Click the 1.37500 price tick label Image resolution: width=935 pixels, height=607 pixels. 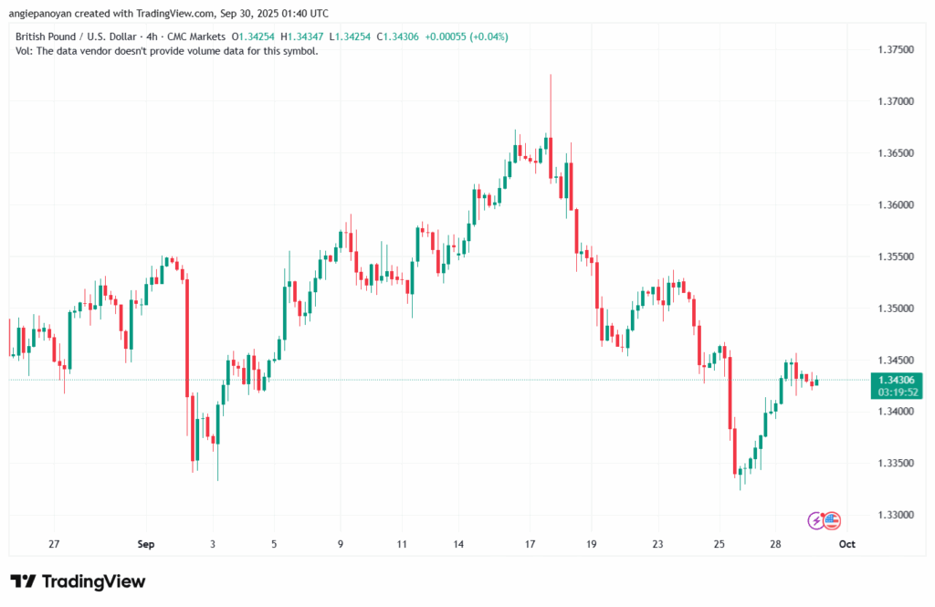pyautogui.click(x=894, y=48)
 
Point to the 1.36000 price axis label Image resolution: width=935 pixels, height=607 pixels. pyautogui.click(x=894, y=204)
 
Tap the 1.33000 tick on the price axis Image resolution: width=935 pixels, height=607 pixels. pyautogui.click(x=894, y=515)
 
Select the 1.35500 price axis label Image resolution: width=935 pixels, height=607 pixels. pyautogui.click(x=894, y=256)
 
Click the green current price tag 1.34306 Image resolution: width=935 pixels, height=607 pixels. pyautogui.click(x=895, y=380)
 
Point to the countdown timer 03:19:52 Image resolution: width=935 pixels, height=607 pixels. pyautogui.click(x=895, y=392)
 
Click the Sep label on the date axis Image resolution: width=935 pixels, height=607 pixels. pyautogui.click(x=146, y=544)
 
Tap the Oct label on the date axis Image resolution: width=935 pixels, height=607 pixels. pyautogui.click(x=846, y=544)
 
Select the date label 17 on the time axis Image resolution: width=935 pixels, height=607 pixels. pyautogui.click(x=530, y=544)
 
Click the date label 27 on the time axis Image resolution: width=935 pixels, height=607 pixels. pyautogui.click(x=54, y=544)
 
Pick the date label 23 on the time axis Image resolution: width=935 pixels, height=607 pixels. pyautogui.click(x=657, y=544)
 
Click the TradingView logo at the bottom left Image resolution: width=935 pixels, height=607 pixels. pyautogui.click(x=78, y=581)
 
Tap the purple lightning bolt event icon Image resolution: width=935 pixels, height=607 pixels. pyautogui.click(x=816, y=520)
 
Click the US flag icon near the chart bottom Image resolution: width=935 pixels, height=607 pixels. pyautogui.click(x=831, y=520)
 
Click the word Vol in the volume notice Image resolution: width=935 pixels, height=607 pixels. pyautogui.click(x=24, y=51)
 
